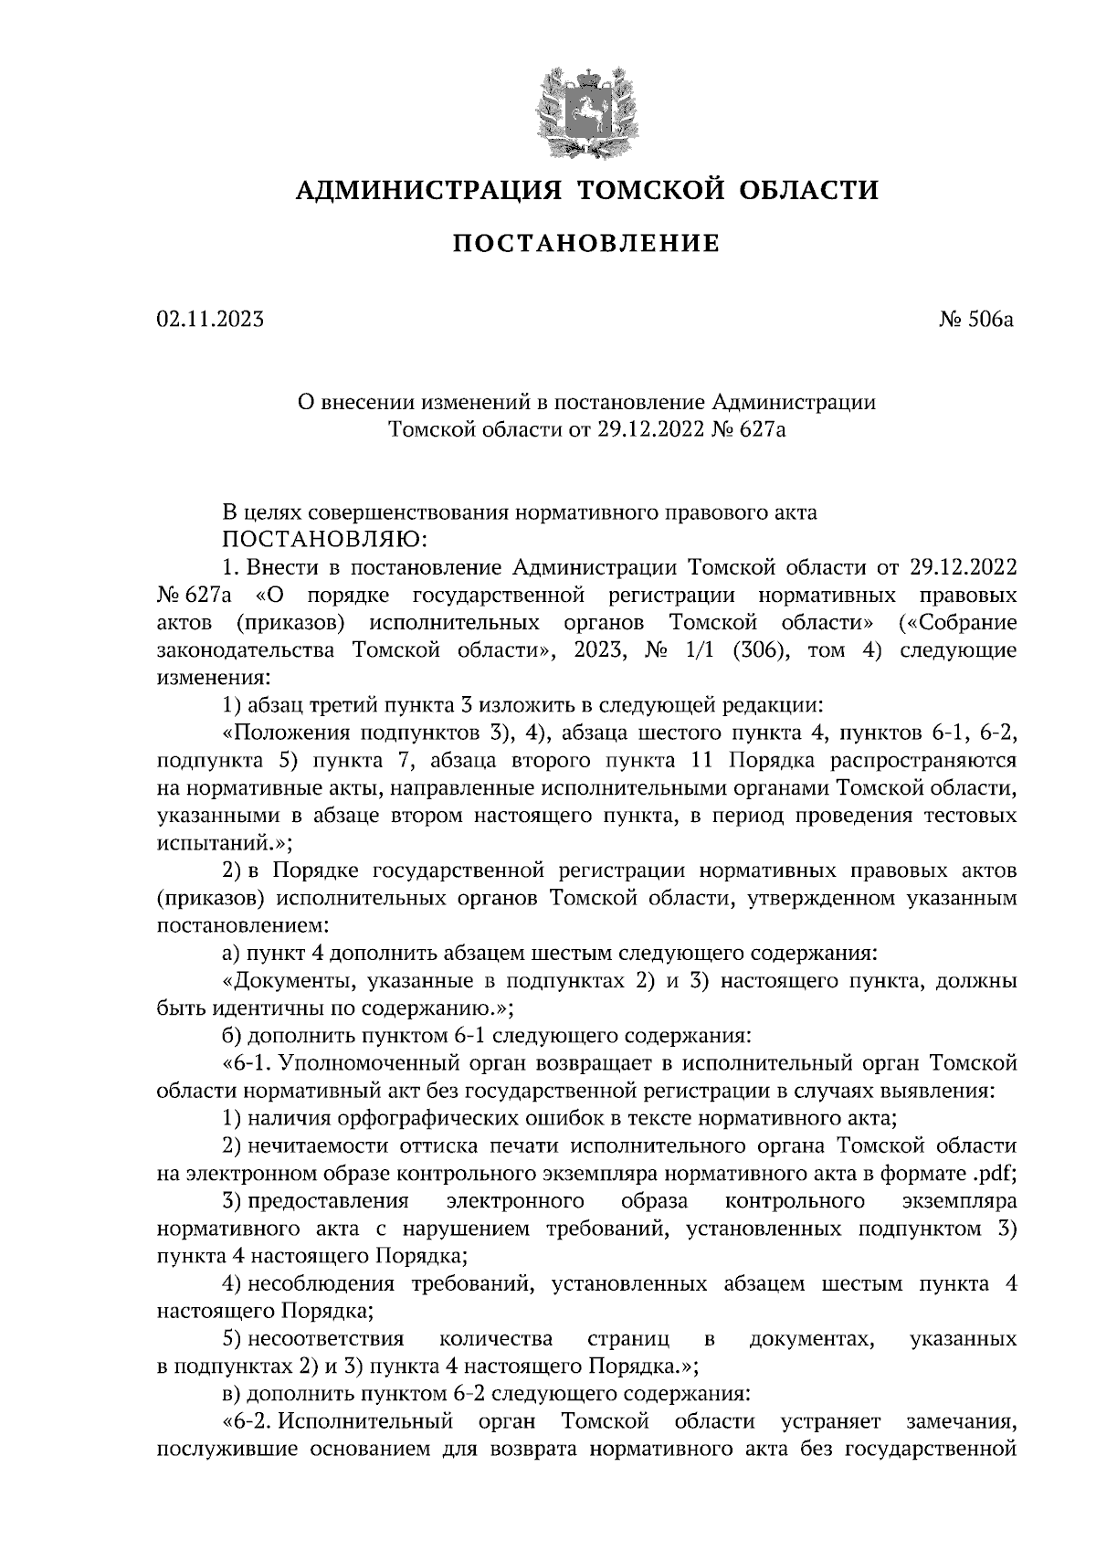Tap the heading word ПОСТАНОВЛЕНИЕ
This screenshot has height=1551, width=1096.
coord(587,244)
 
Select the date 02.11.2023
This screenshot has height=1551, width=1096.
coord(211,320)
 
